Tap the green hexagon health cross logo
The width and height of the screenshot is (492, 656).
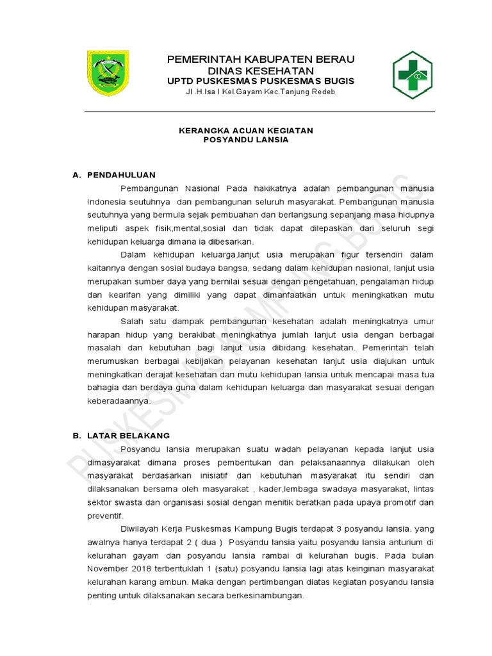tap(412, 75)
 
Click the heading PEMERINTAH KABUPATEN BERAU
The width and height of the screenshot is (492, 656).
tap(261, 60)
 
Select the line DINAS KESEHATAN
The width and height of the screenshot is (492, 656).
tap(260, 70)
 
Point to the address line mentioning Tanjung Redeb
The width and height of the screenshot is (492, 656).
tap(260, 92)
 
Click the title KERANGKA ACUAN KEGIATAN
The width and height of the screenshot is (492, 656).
tap(245, 130)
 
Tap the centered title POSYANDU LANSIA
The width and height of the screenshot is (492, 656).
tap(245, 140)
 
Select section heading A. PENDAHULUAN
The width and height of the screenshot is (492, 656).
tap(114, 175)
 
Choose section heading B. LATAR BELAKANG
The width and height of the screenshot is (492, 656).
tap(120, 436)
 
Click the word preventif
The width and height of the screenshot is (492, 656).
tap(104, 516)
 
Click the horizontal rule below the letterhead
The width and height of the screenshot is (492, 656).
tap(259, 112)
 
